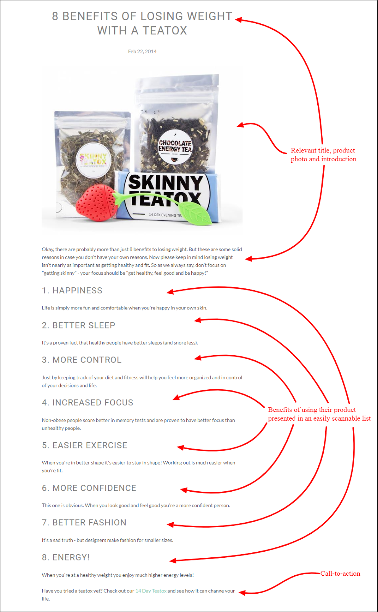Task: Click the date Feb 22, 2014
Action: (x=142, y=51)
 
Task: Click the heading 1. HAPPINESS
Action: (x=72, y=290)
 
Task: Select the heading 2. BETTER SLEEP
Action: (x=79, y=325)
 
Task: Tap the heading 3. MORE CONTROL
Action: (x=82, y=360)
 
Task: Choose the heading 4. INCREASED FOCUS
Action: (x=87, y=402)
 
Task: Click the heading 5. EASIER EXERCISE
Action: (x=85, y=445)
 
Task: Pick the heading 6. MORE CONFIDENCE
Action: (x=89, y=488)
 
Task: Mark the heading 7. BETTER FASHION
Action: (x=84, y=522)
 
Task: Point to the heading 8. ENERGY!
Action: (x=66, y=557)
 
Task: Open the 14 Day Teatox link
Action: (x=151, y=591)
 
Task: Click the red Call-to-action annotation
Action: (x=340, y=573)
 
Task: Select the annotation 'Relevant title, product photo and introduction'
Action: (x=323, y=155)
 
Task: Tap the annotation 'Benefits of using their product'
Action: (x=312, y=410)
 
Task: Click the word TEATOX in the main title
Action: (x=165, y=31)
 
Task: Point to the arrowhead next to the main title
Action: (x=238, y=19)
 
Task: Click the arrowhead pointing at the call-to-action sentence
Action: (x=242, y=593)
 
